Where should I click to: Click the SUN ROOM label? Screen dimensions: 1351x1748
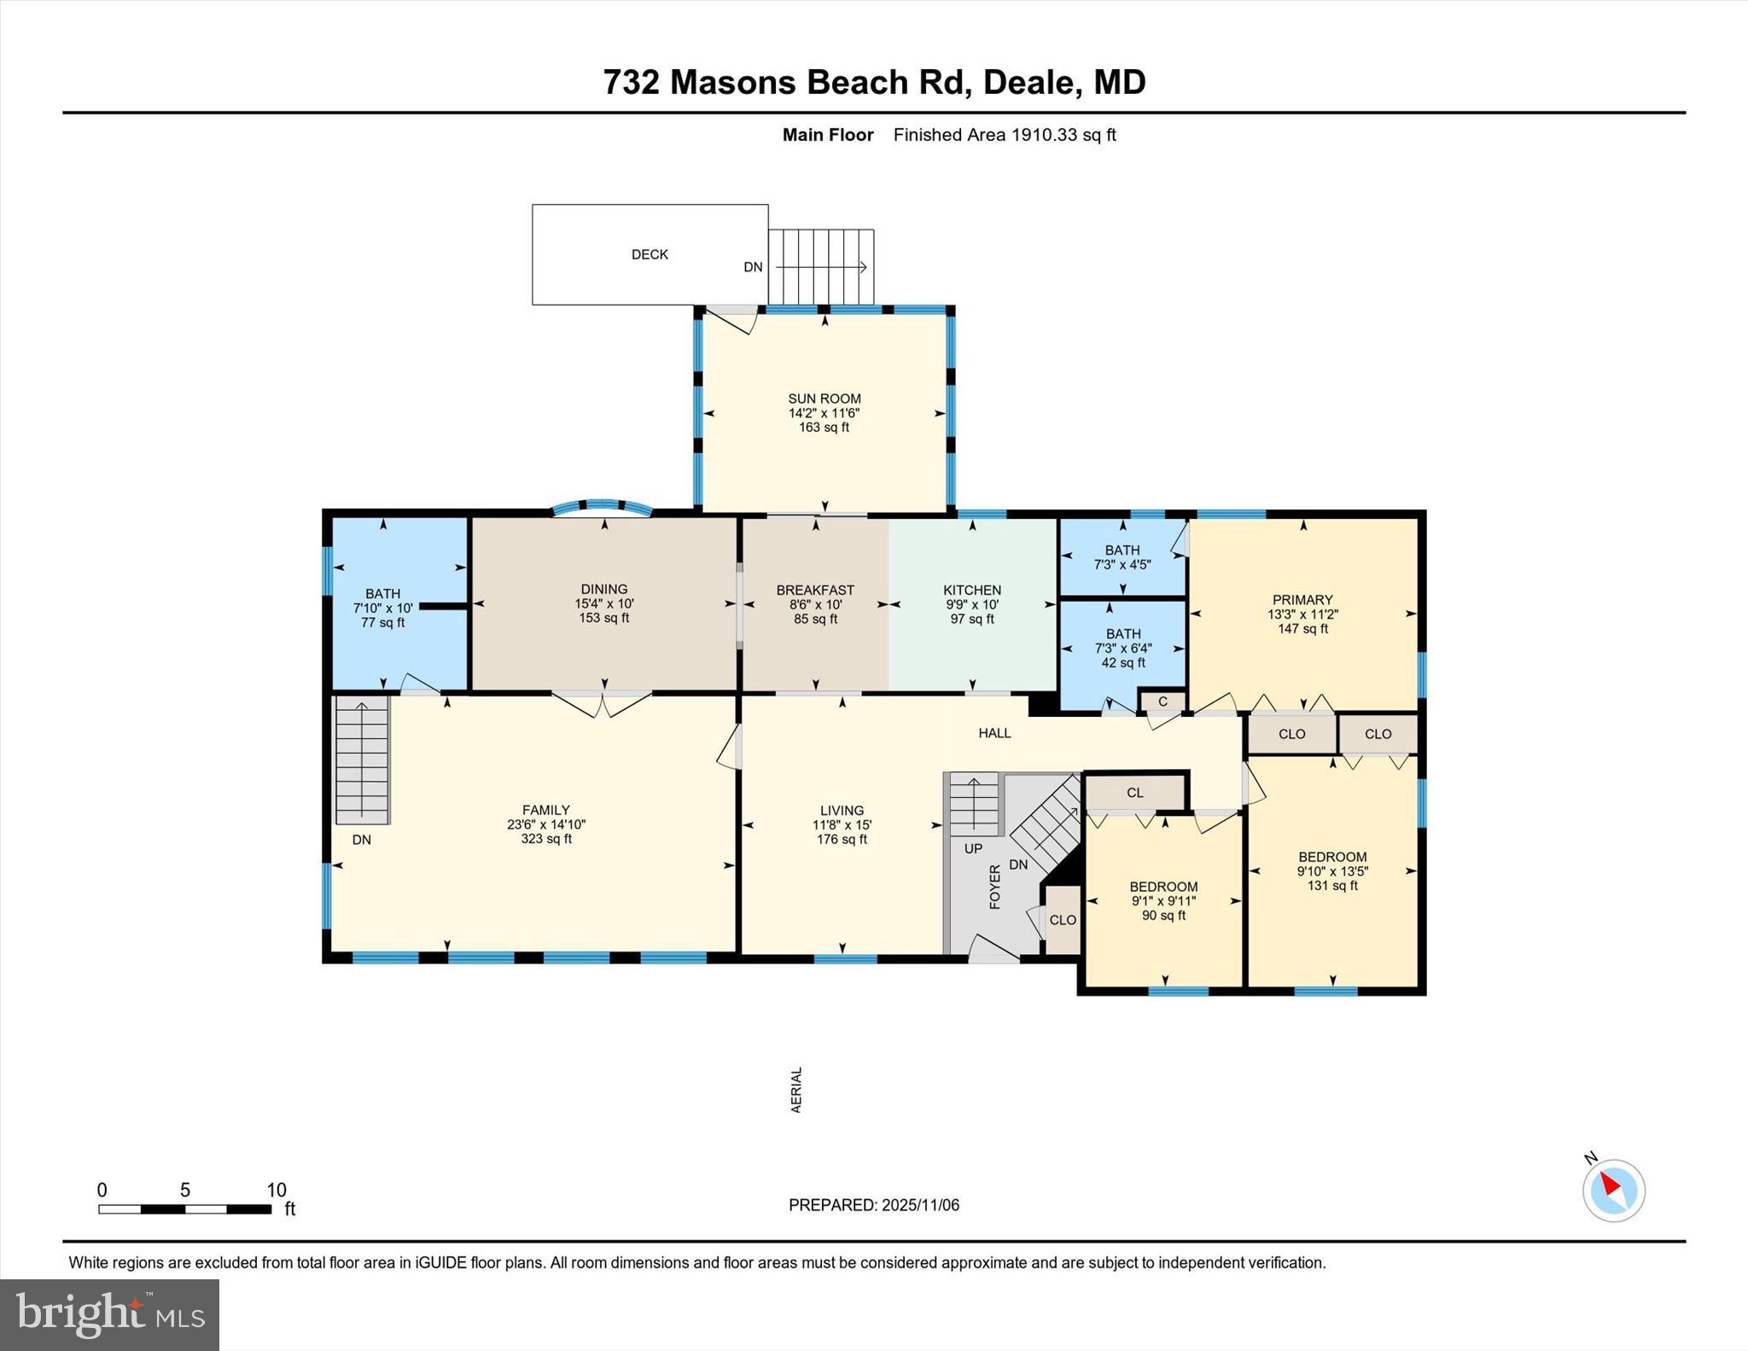pyautogui.click(x=824, y=399)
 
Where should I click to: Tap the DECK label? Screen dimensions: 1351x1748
pyautogui.click(x=650, y=254)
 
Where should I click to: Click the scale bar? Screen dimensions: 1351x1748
pyautogui.click(x=184, y=1208)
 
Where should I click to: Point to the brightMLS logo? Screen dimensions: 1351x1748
pyautogui.click(x=109, y=1314)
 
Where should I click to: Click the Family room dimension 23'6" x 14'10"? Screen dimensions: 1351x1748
pyautogui.click(x=546, y=824)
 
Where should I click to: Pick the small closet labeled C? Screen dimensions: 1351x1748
pyautogui.click(x=1162, y=702)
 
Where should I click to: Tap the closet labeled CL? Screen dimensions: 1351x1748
pyautogui.click(x=1134, y=793)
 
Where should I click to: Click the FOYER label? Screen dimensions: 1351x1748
pyautogui.click(x=995, y=887)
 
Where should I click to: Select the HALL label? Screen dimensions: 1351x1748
pyautogui.click(x=994, y=733)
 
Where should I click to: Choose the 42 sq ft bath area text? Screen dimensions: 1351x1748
pyautogui.click(x=1123, y=662)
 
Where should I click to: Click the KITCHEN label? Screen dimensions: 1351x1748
pyautogui.click(x=972, y=590)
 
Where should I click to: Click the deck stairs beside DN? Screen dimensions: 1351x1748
pyautogui.click(x=821, y=266)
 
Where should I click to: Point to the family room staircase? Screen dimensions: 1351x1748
pyautogui.click(x=363, y=760)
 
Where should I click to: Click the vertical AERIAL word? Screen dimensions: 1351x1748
pyautogui.click(x=796, y=1090)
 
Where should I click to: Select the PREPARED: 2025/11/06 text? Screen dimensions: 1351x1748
pyautogui.click(x=873, y=1205)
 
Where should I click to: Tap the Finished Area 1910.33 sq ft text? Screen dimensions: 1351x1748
pyautogui.click(x=1005, y=135)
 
